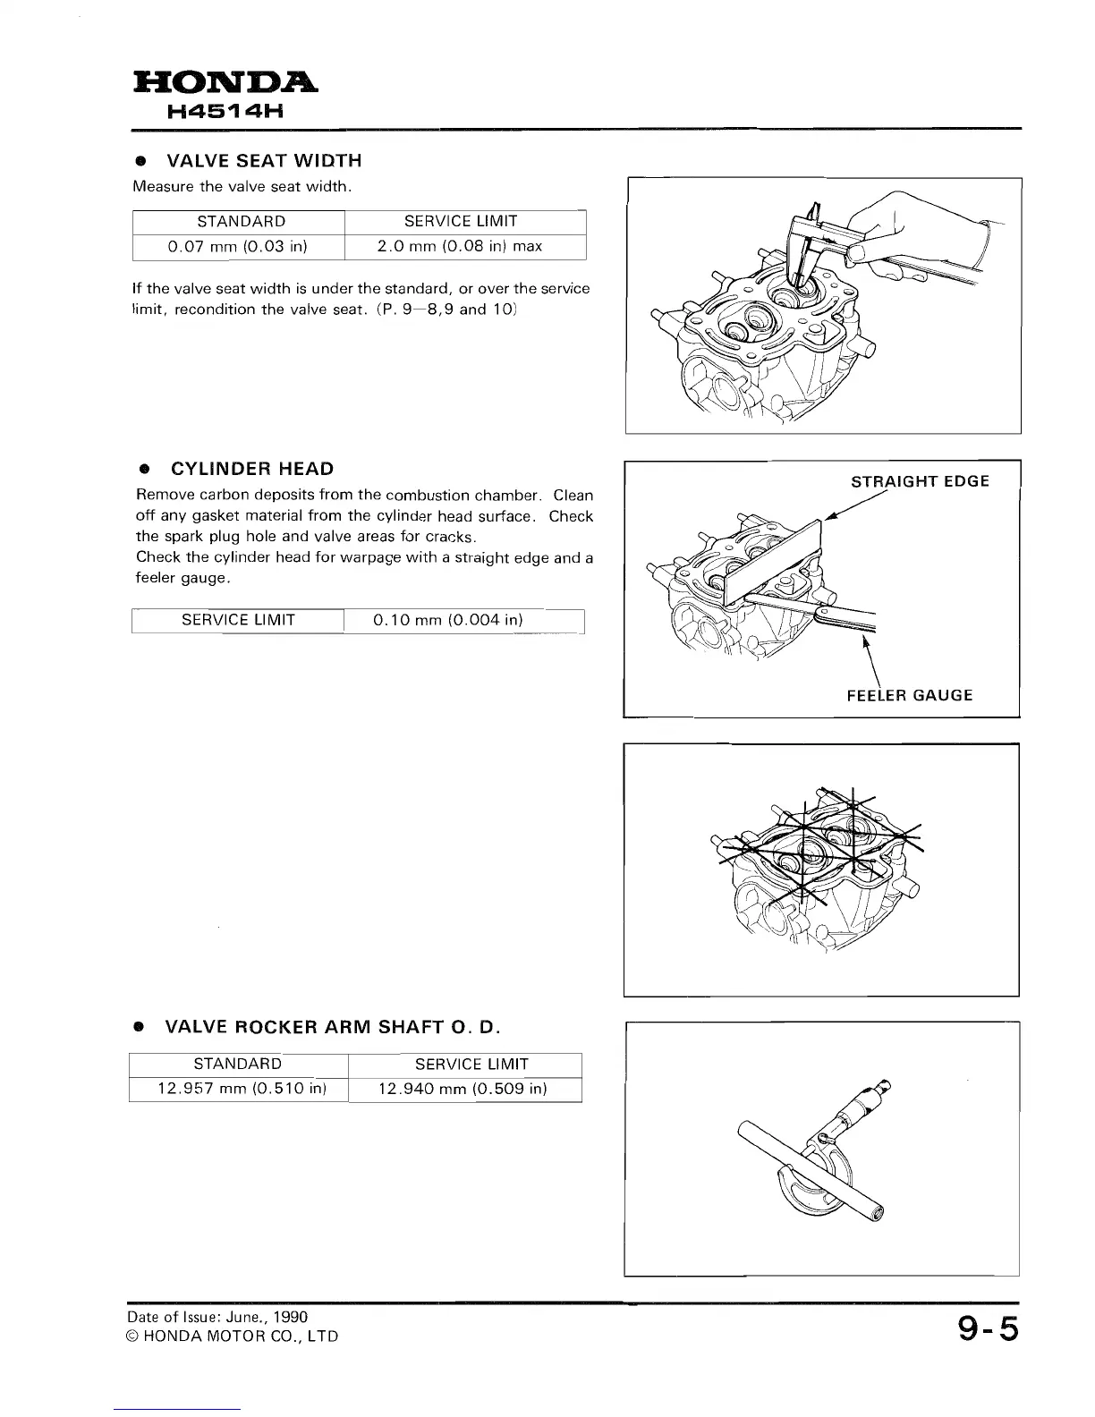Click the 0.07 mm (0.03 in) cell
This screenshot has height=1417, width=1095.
[239, 246]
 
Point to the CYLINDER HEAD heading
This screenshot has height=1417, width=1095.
[252, 469]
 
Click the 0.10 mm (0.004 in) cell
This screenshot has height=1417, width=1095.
[447, 620]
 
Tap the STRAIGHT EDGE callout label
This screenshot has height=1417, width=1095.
[920, 481]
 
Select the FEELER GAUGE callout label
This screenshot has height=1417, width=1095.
[909, 695]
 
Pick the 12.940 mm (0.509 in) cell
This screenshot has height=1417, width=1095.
[463, 1089]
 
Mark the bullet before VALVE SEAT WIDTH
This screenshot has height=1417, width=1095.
[140, 161]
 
